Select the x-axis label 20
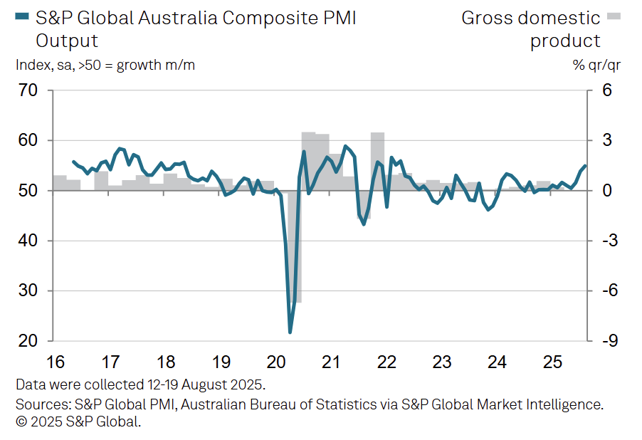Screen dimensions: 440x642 (275, 362)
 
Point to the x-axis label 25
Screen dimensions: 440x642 (553, 362)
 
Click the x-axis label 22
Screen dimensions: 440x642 (386, 362)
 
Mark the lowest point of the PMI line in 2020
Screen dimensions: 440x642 (290, 332)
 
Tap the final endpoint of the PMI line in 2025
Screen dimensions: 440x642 (585, 166)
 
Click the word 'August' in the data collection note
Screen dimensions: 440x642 (187, 385)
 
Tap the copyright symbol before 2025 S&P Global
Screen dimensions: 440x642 (21, 421)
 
